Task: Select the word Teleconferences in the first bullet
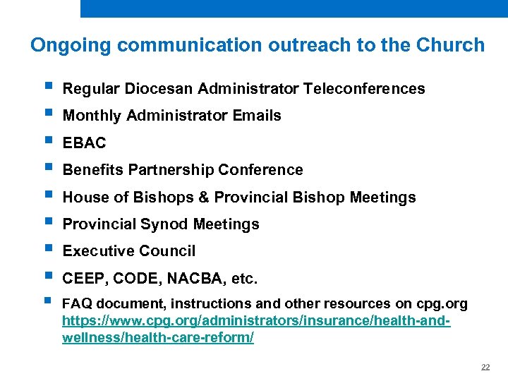click(x=364, y=89)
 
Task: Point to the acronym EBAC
click(x=85, y=143)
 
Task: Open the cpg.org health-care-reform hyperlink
click(x=257, y=322)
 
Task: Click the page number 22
click(x=485, y=368)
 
